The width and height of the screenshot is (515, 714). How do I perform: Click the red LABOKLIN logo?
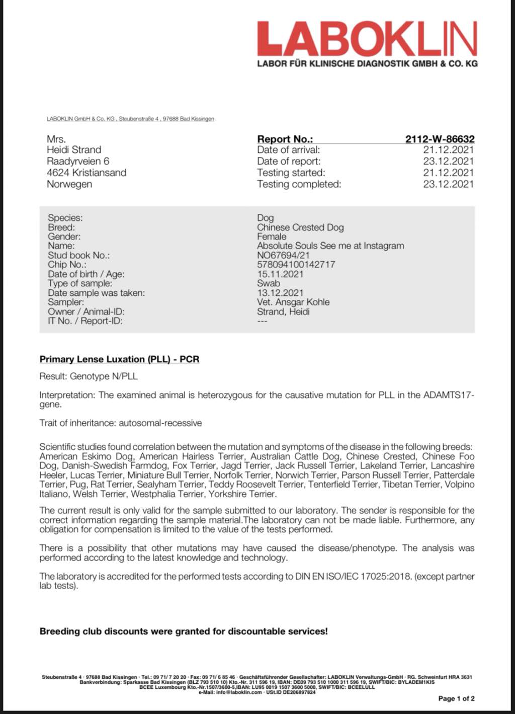(x=367, y=39)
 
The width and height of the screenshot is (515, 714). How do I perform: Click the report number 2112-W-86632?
(x=440, y=139)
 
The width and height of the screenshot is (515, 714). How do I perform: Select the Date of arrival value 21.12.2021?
(x=448, y=149)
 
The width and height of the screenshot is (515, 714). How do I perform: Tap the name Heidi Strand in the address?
(x=74, y=149)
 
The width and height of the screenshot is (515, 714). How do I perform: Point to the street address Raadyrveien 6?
(x=78, y=161)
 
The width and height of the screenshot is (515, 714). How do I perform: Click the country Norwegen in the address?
(x=69, y=184)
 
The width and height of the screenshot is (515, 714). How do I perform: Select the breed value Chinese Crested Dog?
(x=300, y=227)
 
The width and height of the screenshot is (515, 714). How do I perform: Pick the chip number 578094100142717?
(x=296, y=264)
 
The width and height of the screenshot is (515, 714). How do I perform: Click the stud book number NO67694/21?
(x=283, y=255)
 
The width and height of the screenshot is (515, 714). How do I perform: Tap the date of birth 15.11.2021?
(x=280, y=274)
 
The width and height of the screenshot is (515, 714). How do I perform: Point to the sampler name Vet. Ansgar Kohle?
(x=293, y=302)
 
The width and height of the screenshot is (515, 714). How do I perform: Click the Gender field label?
(x=64, y=236)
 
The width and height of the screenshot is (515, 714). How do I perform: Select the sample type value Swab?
(x=269, y=283)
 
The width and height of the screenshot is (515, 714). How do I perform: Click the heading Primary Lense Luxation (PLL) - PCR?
(x=119, y=359)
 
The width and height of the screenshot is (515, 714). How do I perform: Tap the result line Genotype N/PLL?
(x=104, y=376)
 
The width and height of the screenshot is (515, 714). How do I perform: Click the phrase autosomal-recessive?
(x=160, y=423)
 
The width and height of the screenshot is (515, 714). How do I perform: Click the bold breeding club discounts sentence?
(x=184, y=631)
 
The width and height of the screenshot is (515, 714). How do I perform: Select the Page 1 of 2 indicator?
(x=456, y=698)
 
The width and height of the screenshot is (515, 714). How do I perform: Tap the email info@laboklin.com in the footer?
(x=239, y=692)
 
